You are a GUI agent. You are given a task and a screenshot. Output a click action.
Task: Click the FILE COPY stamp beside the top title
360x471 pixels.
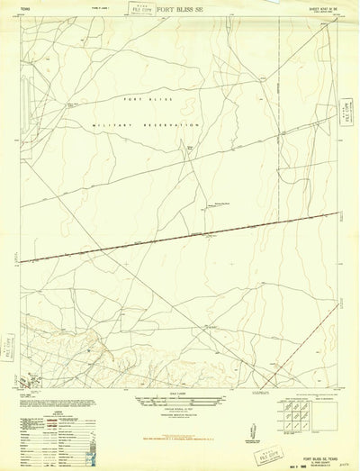coord(139,10)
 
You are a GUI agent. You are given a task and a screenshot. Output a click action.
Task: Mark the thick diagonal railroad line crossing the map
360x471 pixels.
coord(180,236)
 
